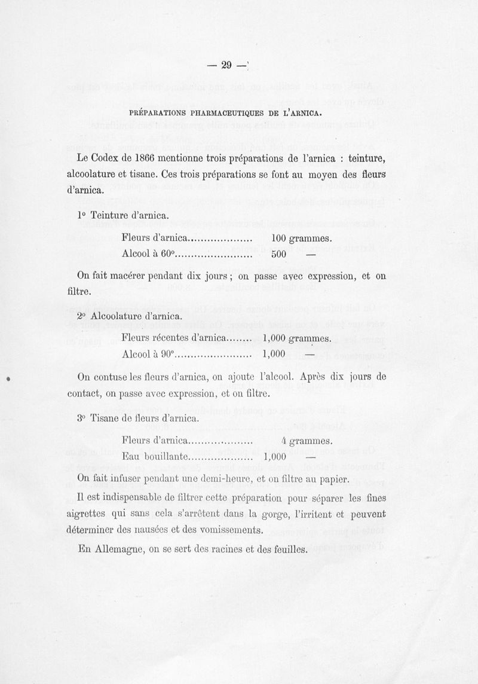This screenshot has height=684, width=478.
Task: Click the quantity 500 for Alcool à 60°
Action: coord(279,255)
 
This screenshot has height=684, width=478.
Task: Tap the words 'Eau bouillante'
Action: coord(155,457)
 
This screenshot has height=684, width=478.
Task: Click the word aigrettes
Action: coord(90,514)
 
